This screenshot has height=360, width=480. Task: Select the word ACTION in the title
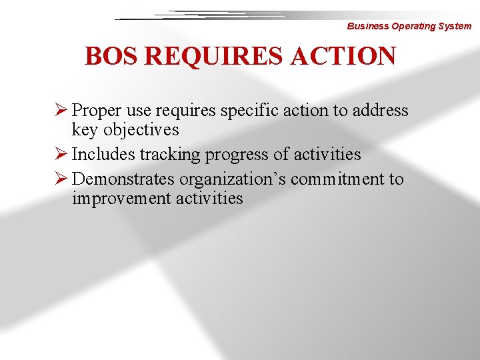pyautogui.click(x=343, y=56)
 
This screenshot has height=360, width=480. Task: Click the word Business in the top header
pyautogui.click(x=367, y=27)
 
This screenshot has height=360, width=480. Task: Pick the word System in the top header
pyautogui.click(x=455, y=27)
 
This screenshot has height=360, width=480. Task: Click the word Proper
pyautogui.click(x=95, y=111)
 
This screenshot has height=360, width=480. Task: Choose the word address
pyautogui.click(x=379, y=111)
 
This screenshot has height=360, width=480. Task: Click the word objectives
pyautogui.click(x=141, y=130)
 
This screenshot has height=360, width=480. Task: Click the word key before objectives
pyautogui.click(x=85, y=130)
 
